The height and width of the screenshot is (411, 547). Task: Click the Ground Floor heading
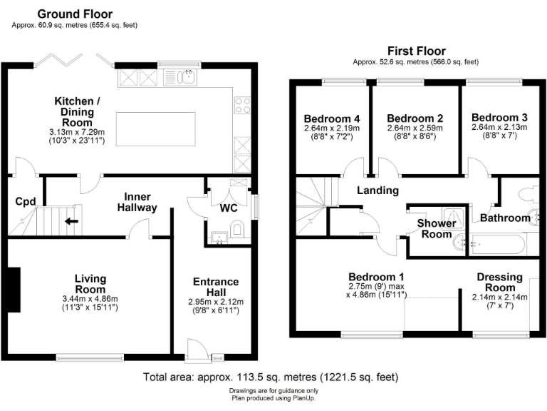(74, 14)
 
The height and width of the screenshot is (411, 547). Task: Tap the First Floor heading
(416, 51)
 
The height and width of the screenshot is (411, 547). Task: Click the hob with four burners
(241, 106)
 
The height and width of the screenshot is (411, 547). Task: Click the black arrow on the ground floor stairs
(72, 220)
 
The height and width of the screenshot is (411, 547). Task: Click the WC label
(229, 208)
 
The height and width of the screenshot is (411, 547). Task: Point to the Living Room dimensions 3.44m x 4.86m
(90, 299)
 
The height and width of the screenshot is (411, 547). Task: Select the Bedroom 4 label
(331, 118)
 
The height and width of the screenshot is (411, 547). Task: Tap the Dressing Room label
(499, 282)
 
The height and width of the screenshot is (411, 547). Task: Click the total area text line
(271, 377)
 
